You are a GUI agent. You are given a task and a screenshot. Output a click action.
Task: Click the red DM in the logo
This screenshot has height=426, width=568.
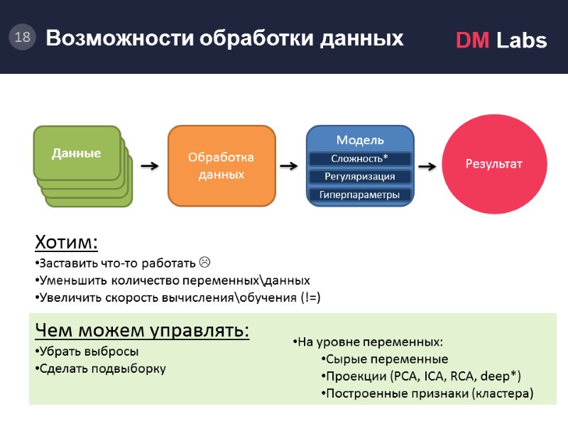(472, 41)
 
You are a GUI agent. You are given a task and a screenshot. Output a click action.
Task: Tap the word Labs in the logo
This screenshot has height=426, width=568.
(521, 41)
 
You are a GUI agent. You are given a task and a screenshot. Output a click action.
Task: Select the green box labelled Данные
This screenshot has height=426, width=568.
(77, 153)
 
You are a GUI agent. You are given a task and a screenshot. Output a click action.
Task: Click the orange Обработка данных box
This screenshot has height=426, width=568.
(221, 165)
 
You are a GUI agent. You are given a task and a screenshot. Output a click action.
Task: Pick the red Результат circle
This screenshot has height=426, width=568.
(493, 164)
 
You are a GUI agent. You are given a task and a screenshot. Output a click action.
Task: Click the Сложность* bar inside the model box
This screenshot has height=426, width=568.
(359, 158)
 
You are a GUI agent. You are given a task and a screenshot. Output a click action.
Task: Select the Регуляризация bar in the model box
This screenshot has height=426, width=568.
(359, 176)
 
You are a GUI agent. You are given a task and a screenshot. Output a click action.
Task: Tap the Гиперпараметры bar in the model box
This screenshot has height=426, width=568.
(359, 195)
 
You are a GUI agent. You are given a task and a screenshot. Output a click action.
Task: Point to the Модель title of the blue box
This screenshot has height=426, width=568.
(359, 140)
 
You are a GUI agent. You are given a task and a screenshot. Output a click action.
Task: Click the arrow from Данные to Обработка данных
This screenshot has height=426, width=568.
(149, 166)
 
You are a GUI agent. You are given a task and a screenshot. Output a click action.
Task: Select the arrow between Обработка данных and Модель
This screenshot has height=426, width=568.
(289, 166)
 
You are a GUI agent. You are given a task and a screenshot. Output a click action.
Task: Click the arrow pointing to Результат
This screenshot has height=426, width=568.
(427, 166)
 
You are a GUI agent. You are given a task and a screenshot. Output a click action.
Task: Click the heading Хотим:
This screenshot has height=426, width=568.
(66, 244)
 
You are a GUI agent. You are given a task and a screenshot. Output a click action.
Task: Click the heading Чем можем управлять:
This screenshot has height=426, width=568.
(142, 331)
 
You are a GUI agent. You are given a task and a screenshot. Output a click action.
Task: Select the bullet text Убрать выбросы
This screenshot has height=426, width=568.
(89, 351)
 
